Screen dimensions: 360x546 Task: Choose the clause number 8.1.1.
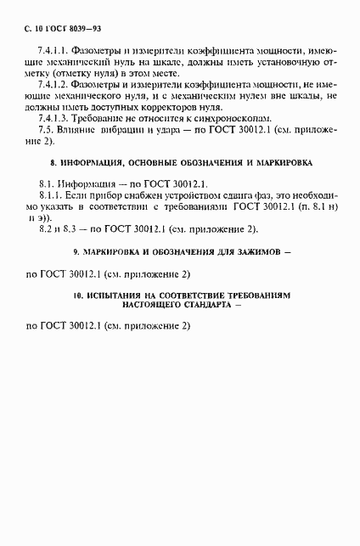click(x=53, y=197)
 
